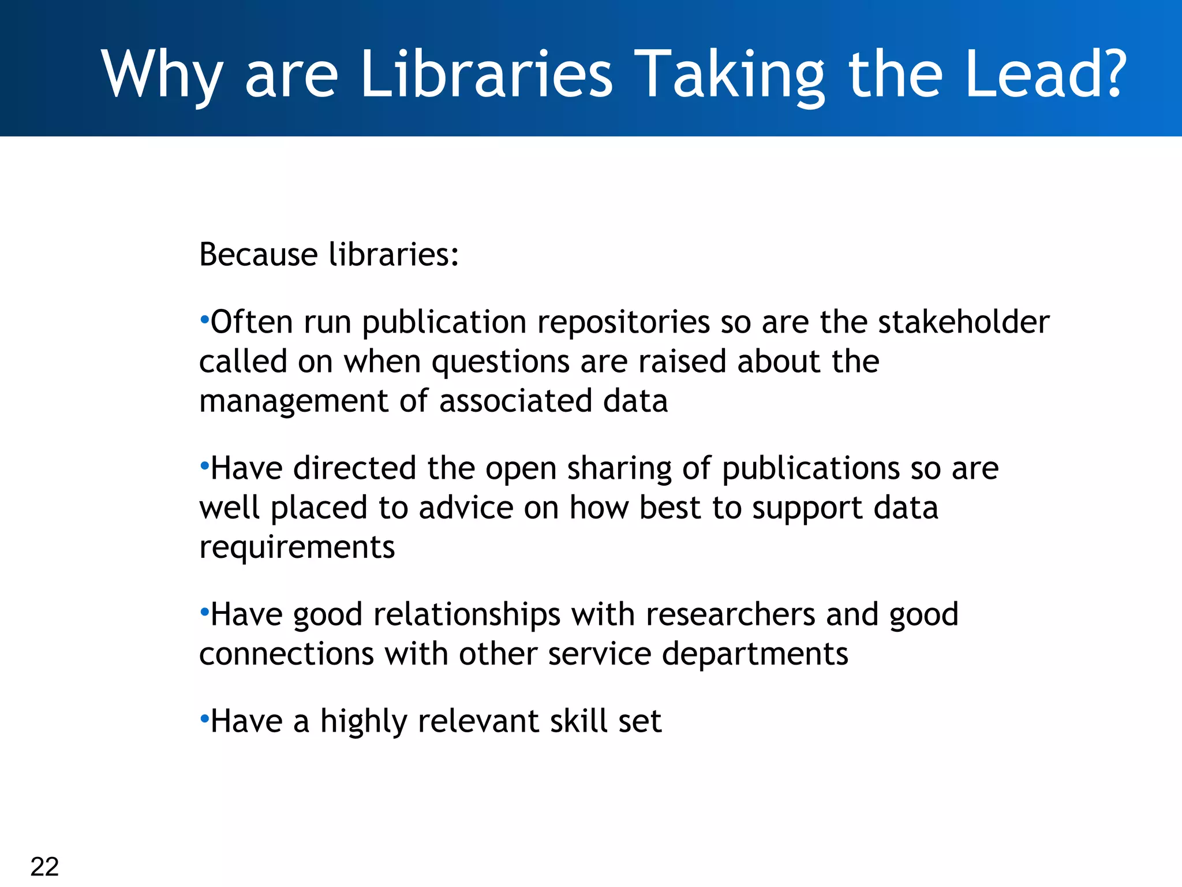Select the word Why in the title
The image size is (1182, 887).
(162, 76)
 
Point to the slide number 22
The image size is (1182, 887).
(44, 866)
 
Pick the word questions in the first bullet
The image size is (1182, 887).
(500, 363)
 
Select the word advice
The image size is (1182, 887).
(466, 508)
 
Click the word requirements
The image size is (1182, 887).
(297, 547)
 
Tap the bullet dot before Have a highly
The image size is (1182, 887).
(204, 718)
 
